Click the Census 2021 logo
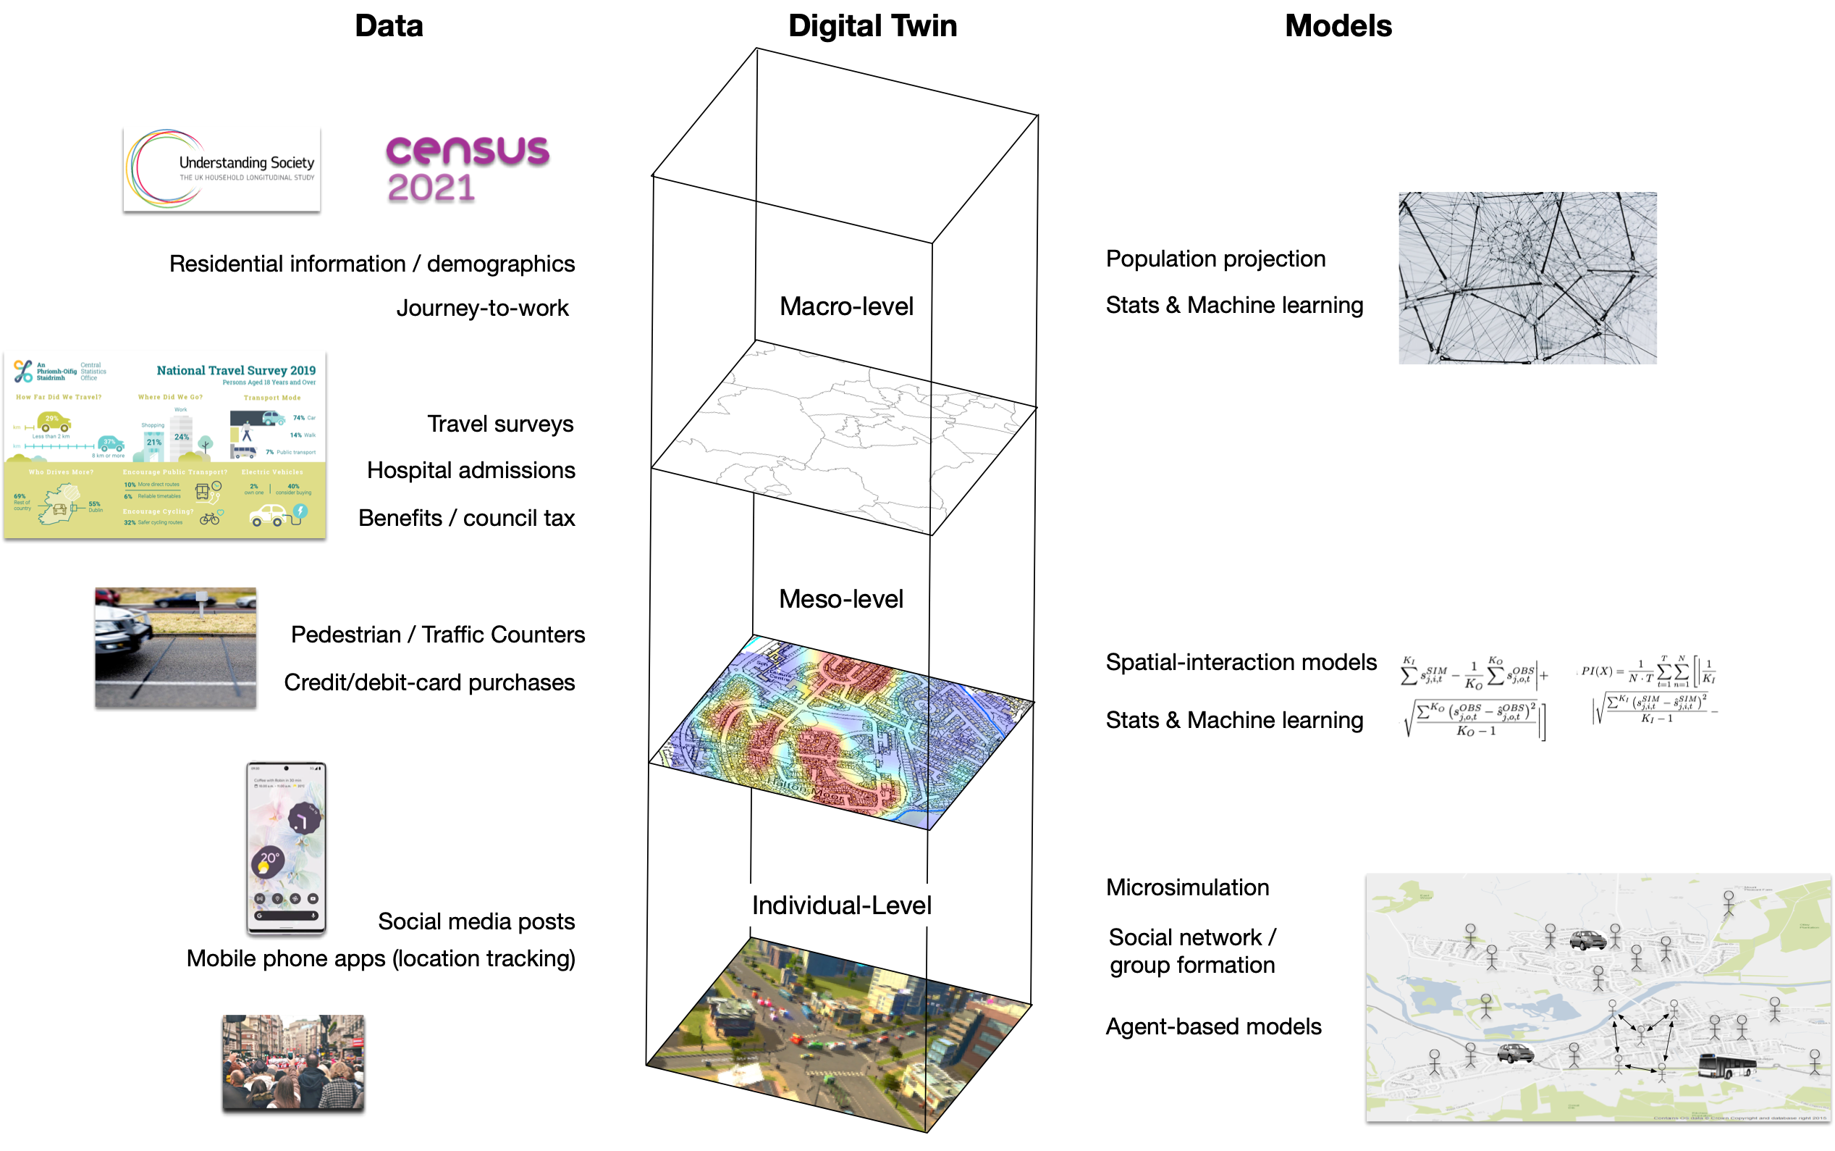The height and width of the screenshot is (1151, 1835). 466,169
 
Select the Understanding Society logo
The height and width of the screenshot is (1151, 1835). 222,169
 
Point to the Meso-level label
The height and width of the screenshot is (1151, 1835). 840,598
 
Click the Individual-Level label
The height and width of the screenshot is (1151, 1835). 840,905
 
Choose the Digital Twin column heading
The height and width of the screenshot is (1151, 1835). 872,26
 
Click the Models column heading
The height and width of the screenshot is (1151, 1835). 1337,26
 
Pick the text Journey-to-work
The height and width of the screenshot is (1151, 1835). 481,308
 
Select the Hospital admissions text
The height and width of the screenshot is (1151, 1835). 471,469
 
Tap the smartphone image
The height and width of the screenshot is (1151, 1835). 285,847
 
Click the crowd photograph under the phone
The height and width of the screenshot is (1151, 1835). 293,1062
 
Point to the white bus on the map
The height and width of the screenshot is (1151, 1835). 1726,1064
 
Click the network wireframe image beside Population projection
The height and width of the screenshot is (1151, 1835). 1526,277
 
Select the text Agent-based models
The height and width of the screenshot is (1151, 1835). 1212,1026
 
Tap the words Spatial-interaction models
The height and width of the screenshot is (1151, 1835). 1240,661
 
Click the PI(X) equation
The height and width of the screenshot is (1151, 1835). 1647,689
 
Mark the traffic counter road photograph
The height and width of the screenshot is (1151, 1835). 175,647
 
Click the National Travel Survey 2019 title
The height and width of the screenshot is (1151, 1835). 236,370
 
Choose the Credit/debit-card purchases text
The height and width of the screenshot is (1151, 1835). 429,682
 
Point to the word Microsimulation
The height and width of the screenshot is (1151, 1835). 1187,887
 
